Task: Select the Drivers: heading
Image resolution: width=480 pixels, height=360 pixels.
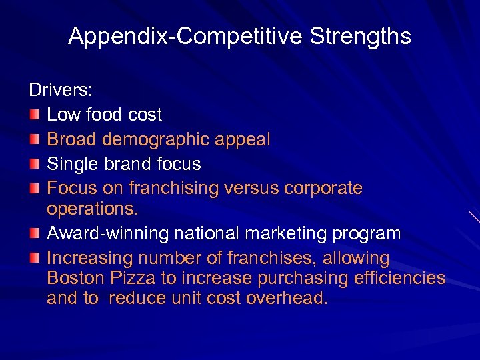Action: (61, 89)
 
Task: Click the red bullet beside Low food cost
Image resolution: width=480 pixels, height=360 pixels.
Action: (34, 115)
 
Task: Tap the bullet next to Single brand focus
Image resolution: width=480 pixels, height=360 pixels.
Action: (34, 163)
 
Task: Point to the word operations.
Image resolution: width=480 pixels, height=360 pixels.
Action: (92, 209)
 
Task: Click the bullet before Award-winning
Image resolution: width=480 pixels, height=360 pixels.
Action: (34, 234)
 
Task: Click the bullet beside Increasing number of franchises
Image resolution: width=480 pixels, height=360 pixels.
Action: (34, 258)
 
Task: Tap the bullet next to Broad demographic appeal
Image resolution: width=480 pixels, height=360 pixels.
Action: (34, 139)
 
